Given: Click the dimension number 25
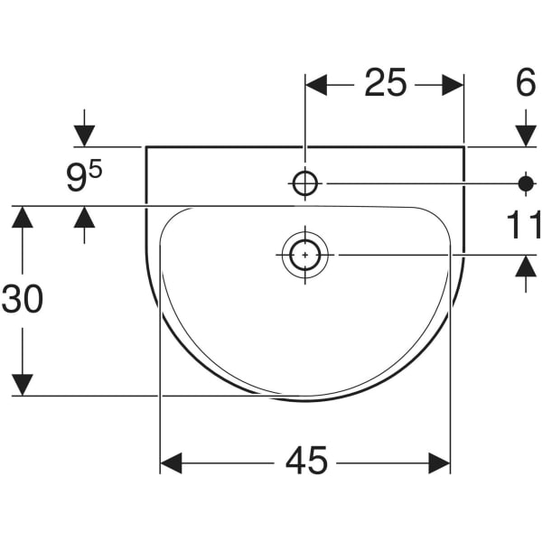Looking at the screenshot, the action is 385,83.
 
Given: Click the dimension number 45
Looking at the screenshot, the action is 306,461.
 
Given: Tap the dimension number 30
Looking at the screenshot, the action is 23,299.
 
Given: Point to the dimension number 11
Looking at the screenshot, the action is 524,225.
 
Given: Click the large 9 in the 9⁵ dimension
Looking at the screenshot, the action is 77,179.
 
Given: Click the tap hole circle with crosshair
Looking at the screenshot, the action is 305,183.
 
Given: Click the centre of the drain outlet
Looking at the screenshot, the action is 305,255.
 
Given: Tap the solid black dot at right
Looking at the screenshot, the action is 526,183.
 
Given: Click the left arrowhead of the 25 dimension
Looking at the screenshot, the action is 316,85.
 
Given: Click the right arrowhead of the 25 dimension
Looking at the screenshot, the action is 453,85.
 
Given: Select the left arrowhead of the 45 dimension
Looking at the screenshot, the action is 171,463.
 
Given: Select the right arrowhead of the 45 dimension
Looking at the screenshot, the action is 439,463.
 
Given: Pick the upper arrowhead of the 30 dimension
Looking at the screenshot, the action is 23,217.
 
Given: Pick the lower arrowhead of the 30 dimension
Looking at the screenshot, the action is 23,385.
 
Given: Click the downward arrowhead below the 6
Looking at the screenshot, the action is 526,136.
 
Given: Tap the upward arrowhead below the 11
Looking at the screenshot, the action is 526,266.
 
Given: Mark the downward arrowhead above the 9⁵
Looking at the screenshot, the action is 84,136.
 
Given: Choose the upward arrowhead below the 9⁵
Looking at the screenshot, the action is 84,217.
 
